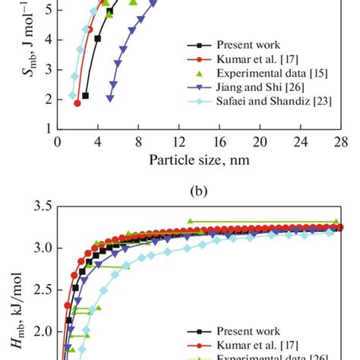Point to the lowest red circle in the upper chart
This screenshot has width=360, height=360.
tap(77, 103)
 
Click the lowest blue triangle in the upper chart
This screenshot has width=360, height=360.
tap(110, 98)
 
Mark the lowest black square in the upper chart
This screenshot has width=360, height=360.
tap(85, 96)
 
